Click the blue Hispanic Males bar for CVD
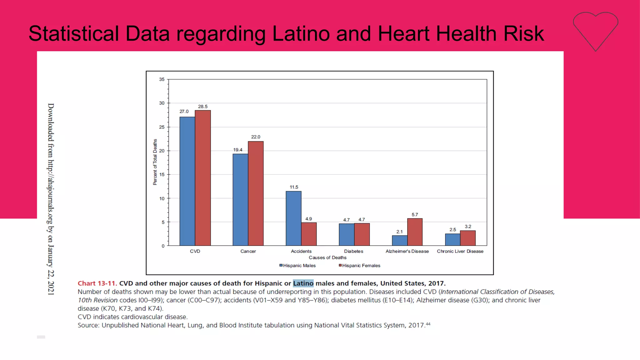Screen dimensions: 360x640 click(x=187, y=181)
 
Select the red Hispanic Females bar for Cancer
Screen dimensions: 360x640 click(x=256, y=193)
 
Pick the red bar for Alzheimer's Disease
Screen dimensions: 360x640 click(x=415, y=232)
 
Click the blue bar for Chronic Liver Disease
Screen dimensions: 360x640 click(x=452, y=240)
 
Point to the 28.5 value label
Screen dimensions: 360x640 click(x=202, y=107)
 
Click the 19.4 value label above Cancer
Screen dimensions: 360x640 click(x=237, y=150)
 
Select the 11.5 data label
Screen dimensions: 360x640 click(x=294, y=187)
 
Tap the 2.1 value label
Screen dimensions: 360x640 click(x=399, y=232)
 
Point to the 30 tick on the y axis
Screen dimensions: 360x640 click(x=162, y=103)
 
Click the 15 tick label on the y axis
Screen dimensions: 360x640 click(x=162, y=175)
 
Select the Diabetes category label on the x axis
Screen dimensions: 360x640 click(x=353, y=251)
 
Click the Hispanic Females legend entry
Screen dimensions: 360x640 click(x=360, y=266)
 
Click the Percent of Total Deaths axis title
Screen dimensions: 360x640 click(x=155, y=162)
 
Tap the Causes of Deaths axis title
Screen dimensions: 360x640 click(x=327, y=257)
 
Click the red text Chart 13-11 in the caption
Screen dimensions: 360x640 click(x=97, y=283)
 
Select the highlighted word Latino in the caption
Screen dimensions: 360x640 click(x=303, y=283)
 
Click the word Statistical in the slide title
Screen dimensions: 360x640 click(x=74, y=34)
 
